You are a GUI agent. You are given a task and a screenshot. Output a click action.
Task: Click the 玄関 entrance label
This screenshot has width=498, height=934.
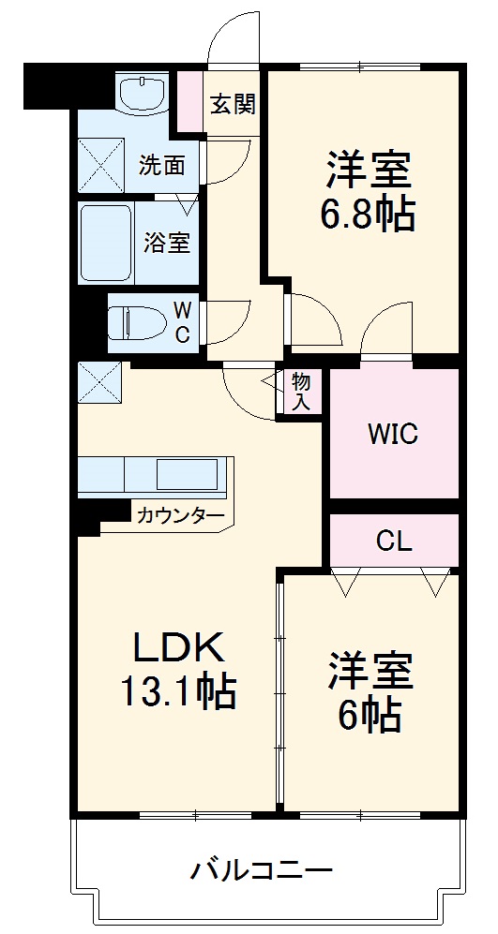[233, 105]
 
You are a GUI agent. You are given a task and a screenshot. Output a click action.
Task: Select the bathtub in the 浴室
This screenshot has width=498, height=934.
[106, 244]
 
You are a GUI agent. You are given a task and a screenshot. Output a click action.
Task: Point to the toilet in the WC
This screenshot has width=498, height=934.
[137, 322]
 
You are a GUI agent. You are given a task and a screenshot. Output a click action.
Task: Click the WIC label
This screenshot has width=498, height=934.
[393, 435]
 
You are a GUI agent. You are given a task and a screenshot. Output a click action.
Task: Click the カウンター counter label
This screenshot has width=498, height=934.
[181, 514]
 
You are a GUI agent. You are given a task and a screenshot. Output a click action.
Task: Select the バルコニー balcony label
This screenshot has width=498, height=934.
[262, 871]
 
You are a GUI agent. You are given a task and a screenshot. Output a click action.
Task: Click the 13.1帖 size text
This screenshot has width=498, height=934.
[179, 690]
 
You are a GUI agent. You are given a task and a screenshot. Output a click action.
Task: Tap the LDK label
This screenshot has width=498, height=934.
[178, 647]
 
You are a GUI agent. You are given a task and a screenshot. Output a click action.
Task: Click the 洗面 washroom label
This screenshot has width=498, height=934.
[161, 166]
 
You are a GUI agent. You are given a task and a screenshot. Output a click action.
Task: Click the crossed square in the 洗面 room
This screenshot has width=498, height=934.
[100, 165]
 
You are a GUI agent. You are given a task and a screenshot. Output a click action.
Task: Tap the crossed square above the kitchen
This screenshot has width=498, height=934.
[100, 381]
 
